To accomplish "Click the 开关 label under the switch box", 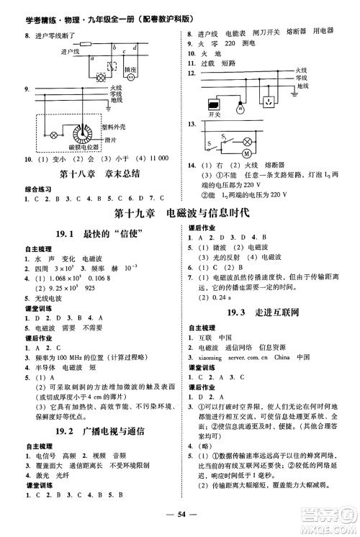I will pos(212,114).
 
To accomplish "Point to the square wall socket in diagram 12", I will pos(269,100).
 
